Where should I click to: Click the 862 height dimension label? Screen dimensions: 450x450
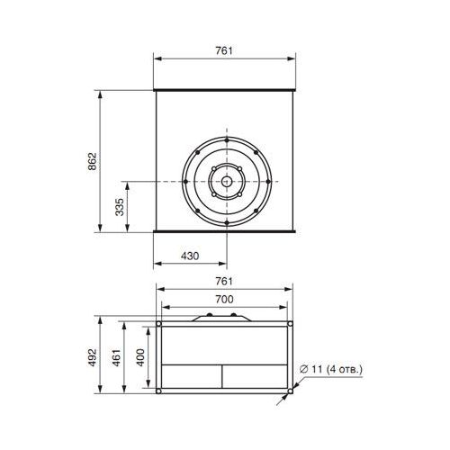pos(93,161)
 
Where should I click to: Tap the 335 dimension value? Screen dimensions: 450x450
pos(120,207)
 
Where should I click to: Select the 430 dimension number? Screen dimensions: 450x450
pos(190,256)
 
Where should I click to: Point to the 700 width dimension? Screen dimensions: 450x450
pos(224,299)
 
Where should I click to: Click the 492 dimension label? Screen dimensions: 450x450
pos(93,357)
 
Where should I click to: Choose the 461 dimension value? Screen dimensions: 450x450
pos(117,357)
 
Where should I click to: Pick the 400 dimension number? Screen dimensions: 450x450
pos(140,357)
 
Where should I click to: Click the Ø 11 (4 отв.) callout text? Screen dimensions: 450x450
pos(331,369)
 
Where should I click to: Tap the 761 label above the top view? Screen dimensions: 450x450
pos(224,50)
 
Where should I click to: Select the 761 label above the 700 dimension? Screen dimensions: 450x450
pos(224,281)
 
